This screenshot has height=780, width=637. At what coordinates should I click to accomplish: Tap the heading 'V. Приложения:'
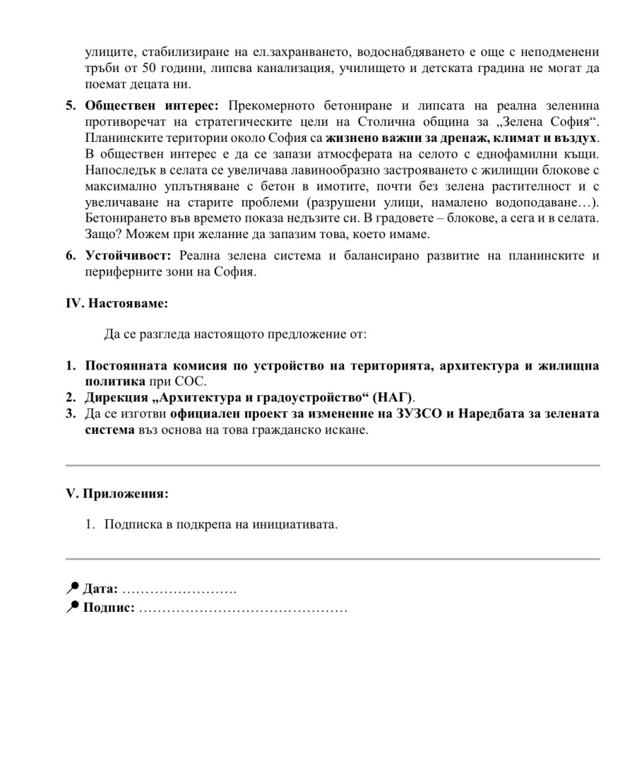click(x=117, y=494)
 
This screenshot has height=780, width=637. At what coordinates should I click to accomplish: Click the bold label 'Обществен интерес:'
click(x=152, y=106)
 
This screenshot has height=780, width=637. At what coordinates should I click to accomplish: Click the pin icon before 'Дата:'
click(x=72, y=589)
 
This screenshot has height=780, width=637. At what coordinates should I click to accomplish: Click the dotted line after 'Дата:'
click(x=179, y=590)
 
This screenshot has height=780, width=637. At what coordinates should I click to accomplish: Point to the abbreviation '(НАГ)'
click(x=393, y=397)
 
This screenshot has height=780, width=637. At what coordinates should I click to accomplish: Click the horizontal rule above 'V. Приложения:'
click(x=332, y=466)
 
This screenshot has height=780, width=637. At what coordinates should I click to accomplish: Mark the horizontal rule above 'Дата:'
click(x=332, y=559)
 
